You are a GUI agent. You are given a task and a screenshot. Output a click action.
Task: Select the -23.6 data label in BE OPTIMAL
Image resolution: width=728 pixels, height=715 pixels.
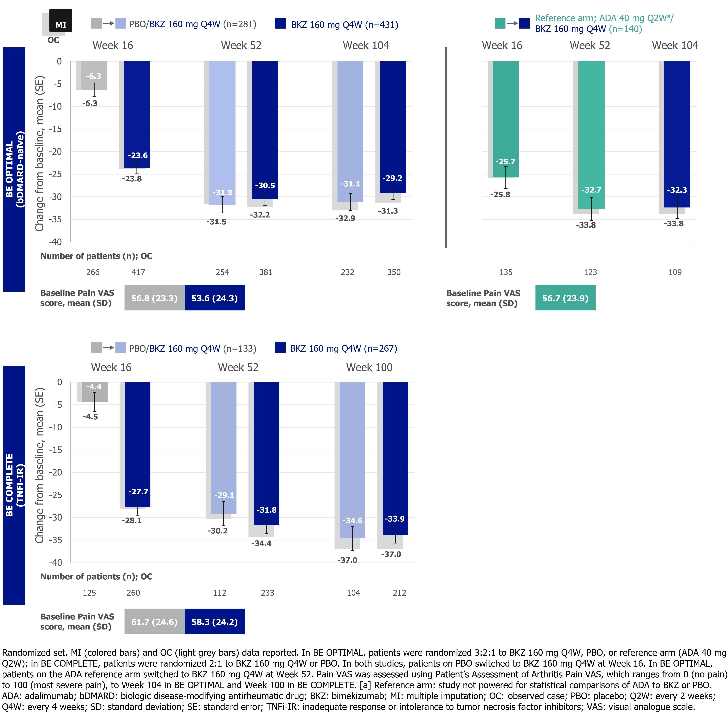click(x=137, y=155)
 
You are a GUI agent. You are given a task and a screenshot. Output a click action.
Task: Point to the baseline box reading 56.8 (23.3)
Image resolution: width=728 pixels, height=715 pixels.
click(x=154, y=298)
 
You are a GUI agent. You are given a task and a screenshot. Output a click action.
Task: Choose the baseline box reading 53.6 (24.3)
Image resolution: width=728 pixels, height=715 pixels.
click(x=214, y=298)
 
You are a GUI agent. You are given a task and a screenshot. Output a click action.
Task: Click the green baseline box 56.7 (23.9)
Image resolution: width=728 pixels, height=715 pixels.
click(x=565, y=298)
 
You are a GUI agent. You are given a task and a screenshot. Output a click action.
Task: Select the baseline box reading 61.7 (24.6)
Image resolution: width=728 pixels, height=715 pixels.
click(x=154, y=622)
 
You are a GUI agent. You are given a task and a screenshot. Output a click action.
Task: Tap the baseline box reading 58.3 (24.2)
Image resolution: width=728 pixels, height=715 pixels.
click(x=214, y=622)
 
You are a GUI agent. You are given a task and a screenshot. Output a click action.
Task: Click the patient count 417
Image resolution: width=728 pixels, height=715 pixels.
click(x=138, y=272)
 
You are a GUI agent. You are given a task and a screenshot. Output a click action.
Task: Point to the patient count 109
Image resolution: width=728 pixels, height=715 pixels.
click(x=675, y=272)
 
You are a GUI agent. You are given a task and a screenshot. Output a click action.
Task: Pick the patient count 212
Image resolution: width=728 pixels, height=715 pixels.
click(x=399, y=593)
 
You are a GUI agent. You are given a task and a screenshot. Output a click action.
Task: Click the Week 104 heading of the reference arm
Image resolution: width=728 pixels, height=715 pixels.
click(x=675, y=45)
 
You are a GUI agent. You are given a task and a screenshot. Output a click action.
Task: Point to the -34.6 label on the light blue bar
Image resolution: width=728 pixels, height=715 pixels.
click(x=352, y=520)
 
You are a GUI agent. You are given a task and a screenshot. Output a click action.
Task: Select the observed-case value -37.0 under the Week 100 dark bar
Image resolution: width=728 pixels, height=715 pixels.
click(x=391, y=554)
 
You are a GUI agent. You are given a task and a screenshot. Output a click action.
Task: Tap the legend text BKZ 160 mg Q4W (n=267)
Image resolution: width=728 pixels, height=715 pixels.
click(x=343, y=348)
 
